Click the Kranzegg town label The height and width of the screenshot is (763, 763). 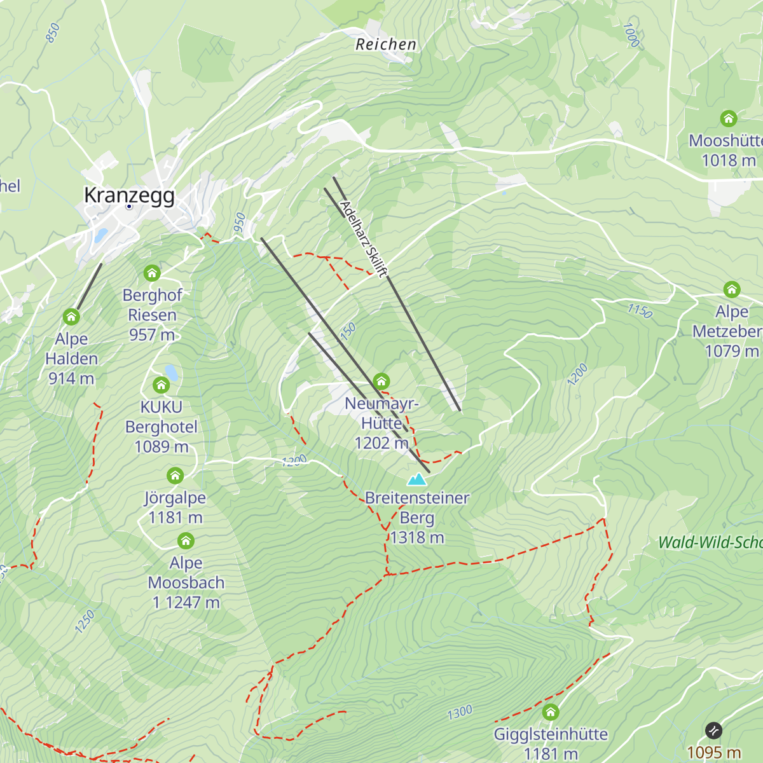point(129,195)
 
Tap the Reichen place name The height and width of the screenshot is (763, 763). point(386,45)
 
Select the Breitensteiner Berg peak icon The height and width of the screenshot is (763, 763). point(417,479)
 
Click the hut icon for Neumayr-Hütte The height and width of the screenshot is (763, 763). point(381,381)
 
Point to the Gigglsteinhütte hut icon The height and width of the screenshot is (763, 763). point(551,712)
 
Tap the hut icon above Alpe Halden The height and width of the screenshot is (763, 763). point(71,317)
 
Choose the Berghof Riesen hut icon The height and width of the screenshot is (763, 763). point(151,273)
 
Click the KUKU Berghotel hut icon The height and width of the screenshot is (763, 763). point(161,385)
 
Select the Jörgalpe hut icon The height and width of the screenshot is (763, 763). point(175,476)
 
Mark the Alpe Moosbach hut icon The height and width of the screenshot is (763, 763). point(186,541)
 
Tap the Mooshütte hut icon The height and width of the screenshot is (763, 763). point(729,119)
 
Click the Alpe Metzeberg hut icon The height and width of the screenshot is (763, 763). point(732,290)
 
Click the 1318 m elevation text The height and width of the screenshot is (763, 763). point(417,538)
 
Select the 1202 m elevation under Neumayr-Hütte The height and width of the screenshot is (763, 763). point(381,443)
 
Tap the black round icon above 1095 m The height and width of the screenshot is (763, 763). point(713,731)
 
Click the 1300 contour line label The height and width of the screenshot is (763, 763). point(459,712)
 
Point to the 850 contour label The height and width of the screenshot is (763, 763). point(53,32)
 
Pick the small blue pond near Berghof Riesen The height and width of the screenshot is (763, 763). point(170,372)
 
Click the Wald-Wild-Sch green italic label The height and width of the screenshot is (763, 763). point(710,542)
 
